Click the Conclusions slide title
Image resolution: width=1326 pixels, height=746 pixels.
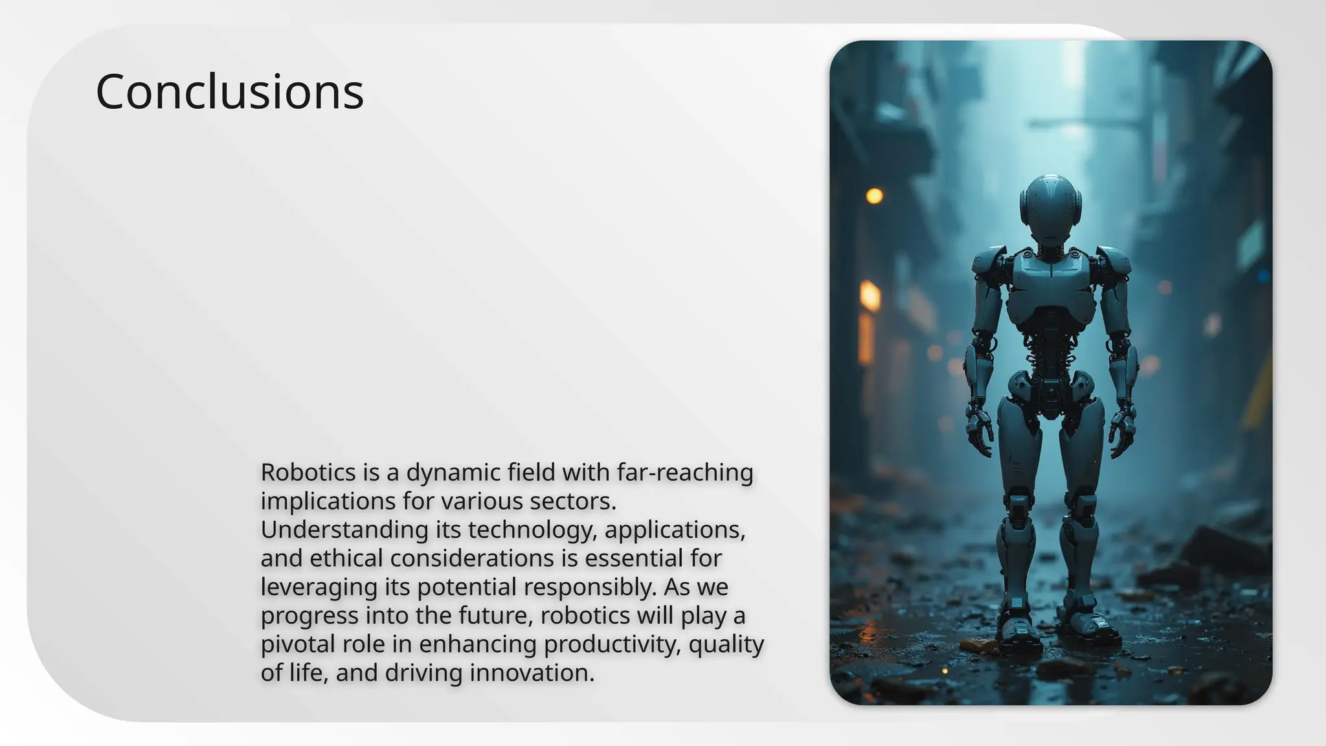(229, 92)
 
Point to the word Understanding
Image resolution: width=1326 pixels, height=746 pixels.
(344, 530)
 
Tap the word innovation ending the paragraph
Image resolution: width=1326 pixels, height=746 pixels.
(532, 673)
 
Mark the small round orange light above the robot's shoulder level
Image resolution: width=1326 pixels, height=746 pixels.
(874, 196)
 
